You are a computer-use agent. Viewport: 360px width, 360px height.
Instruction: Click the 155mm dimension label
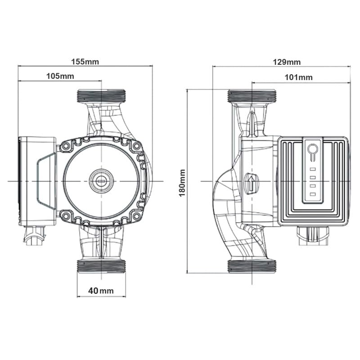[x=85, y=62]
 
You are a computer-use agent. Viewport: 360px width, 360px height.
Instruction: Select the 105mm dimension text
[x=60, y=76]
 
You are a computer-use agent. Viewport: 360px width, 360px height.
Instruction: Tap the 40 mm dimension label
[x=101, y=291]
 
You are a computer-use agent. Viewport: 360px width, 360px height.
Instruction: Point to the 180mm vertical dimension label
[x=182, y=183]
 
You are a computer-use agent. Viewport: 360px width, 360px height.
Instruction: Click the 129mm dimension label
[x=287, y=62]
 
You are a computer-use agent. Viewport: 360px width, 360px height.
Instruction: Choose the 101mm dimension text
[x=298, y=77]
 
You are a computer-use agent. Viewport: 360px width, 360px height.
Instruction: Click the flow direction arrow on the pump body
[x=252, y=183]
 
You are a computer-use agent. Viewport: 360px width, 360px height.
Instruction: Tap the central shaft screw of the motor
[x=101, y=181]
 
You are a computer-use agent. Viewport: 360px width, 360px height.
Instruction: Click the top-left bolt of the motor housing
[x=66, y=145]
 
